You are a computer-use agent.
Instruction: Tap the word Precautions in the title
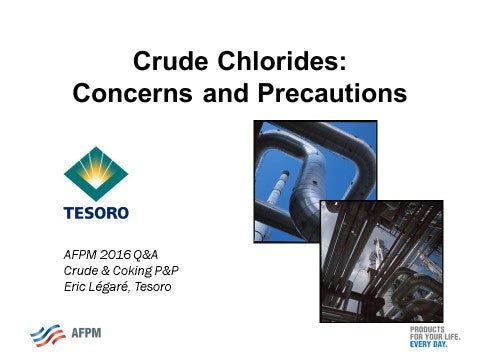(337, 95)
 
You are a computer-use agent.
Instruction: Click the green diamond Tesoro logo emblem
(96, 173)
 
